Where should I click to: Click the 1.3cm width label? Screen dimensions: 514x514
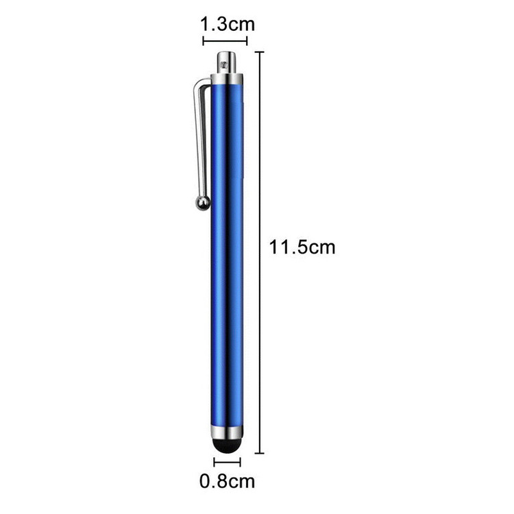(227, 25)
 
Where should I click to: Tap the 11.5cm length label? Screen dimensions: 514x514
(302, 247)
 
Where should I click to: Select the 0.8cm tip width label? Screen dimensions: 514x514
(227, 481)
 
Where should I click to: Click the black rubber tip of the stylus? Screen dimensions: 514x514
(227, 445)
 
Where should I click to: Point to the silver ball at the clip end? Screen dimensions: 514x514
(203, 203)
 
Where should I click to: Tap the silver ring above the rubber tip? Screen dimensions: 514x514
(227, 432)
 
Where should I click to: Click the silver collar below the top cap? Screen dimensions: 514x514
(227, 79)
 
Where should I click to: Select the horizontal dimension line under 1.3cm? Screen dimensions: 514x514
(225, 41)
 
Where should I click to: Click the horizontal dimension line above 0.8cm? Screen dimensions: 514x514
(227, 462)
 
